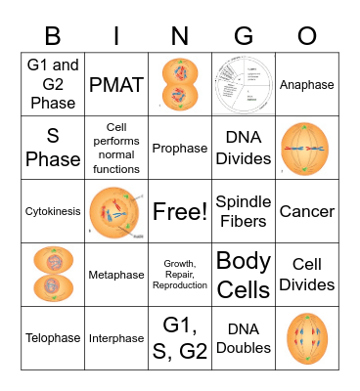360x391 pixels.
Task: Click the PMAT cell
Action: pos(115,85)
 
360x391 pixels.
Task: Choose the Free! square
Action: pos(179,211)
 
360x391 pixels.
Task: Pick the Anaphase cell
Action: pos(306,85)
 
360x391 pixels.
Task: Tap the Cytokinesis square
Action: pos(52,211)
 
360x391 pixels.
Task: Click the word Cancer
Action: pos(306,211)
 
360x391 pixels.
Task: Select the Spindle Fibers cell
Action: pos(243,211)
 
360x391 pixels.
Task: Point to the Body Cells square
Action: pos(243,275)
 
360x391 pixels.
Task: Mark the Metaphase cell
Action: pos(115,275)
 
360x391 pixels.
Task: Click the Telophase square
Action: pos(52,338)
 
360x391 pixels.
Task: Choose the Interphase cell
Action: pos(115,338)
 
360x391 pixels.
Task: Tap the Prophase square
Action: pos(179,149)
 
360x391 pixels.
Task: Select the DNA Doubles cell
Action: pos(243,338)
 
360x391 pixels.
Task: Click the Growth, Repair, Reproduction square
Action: pos(179,275)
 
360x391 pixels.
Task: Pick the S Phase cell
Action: pos(52,149)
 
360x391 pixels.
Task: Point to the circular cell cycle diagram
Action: pos(243,85)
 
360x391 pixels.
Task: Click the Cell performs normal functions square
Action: pos(115,149)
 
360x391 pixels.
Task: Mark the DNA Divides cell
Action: pos(243,149)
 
